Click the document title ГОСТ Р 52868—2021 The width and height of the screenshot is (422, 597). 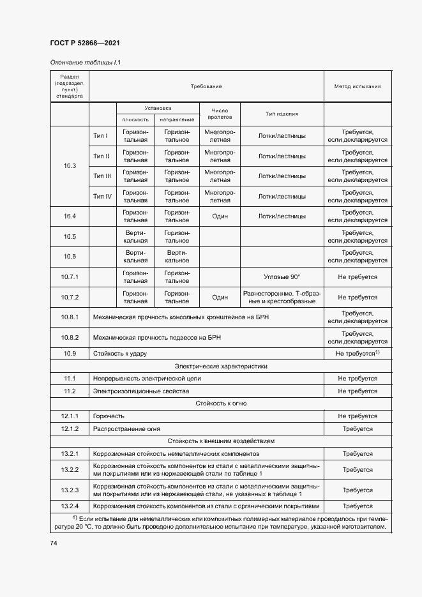[85, 43]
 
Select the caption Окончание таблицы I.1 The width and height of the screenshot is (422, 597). [85, 63]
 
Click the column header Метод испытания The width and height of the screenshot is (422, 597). [357, 86]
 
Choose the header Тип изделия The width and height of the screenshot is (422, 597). [282, 114]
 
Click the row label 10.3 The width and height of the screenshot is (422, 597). [70, 166]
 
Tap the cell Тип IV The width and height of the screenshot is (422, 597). [102, 196]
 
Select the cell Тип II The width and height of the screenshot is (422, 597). [102, 156]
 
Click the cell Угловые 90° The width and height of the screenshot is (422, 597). [282, 277]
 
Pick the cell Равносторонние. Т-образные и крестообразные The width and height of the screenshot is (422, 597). [282, 297]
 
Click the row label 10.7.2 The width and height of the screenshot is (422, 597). [70, 297]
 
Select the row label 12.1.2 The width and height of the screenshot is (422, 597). [70, 428]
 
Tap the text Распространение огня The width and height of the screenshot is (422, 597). [125, 428]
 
